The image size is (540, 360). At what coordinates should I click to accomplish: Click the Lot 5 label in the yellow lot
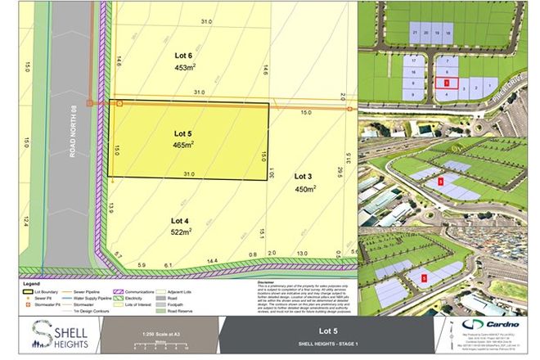(x=182, y=132)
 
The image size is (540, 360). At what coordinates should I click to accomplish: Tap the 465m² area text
(x=182, y=145)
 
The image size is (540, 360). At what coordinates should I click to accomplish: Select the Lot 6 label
(x=182, y=56)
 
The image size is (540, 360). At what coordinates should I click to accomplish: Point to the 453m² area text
(x=182, y=68)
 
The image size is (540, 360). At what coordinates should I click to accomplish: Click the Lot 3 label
(x=304, y=176)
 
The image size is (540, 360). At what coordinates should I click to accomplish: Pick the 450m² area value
(x=304, y=190)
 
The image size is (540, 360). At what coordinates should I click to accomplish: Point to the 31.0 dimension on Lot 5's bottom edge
(x=188, y=173)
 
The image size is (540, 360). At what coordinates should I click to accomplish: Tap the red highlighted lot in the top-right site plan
(x=442, y=82)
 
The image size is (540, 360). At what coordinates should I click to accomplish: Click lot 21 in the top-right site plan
(x=416, y=32)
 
